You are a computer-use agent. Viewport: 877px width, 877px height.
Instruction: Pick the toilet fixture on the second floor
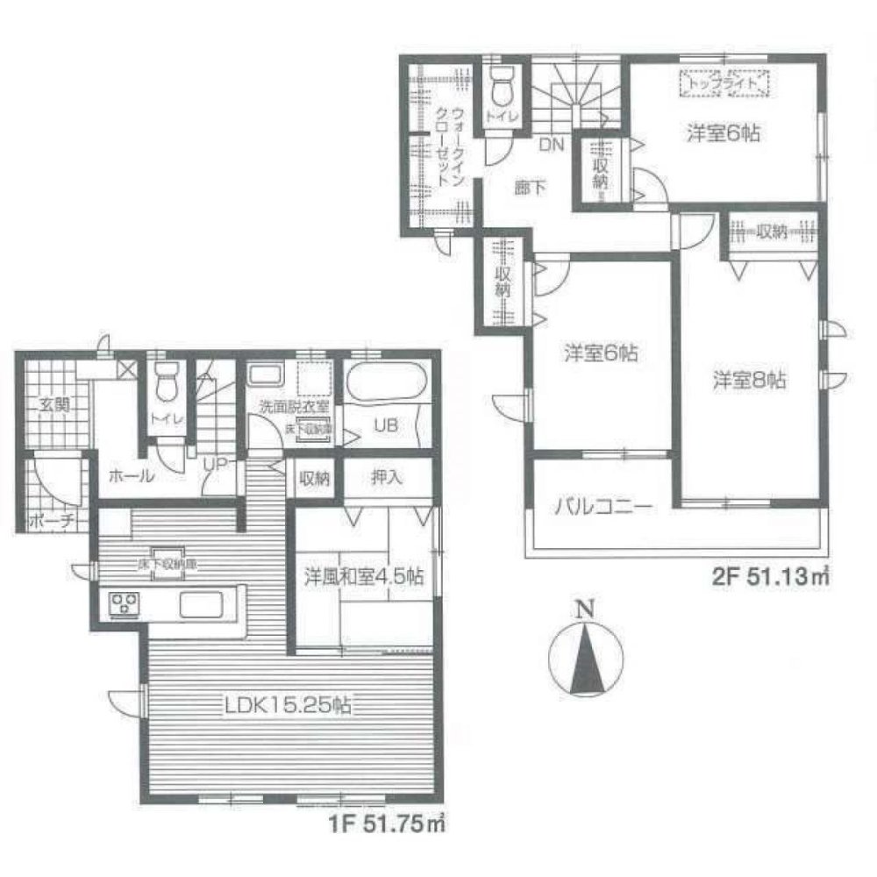[x=503, y=87]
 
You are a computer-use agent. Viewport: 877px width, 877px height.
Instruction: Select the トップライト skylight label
[x=724, y=84]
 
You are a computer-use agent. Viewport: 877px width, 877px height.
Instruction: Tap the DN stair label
[x=550, y=144]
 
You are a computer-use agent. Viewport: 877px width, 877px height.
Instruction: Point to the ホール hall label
[x=132, y=477]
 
